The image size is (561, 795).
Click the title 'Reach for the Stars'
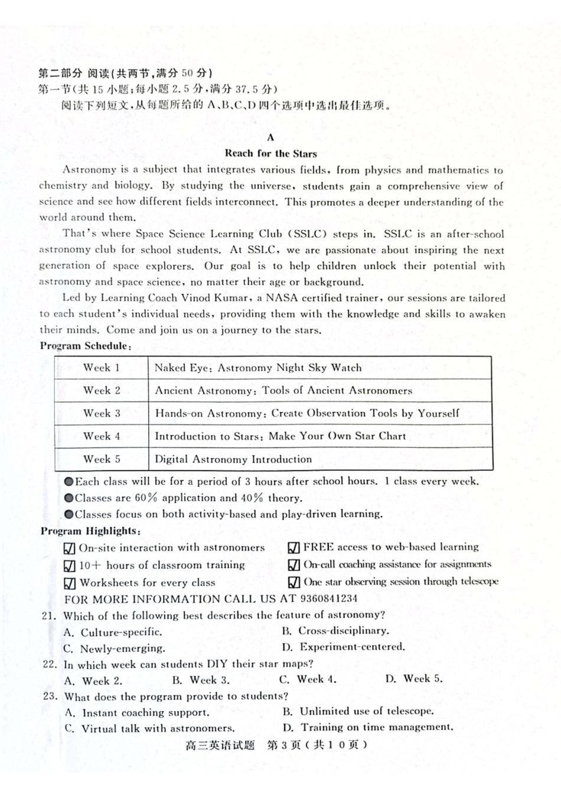[x=270, y=154]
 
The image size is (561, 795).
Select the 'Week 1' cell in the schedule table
[x=101, y=368]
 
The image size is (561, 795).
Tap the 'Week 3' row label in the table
[x=101, y=413]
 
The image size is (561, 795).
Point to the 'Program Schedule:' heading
[x=86, y=346]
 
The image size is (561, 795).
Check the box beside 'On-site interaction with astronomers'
[x=69, y=549]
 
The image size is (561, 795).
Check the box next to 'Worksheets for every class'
[x=69, y=583]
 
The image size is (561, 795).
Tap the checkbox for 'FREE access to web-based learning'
[x=293, y=548]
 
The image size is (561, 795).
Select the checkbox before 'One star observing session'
[x=293, y=582]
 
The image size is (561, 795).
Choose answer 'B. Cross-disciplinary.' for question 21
[x=335, y=631]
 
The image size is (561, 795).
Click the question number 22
[x=50, y=664]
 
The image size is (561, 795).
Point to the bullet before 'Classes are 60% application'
[x=69, y=498]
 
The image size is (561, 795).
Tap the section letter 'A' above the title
[x=270, y=138]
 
